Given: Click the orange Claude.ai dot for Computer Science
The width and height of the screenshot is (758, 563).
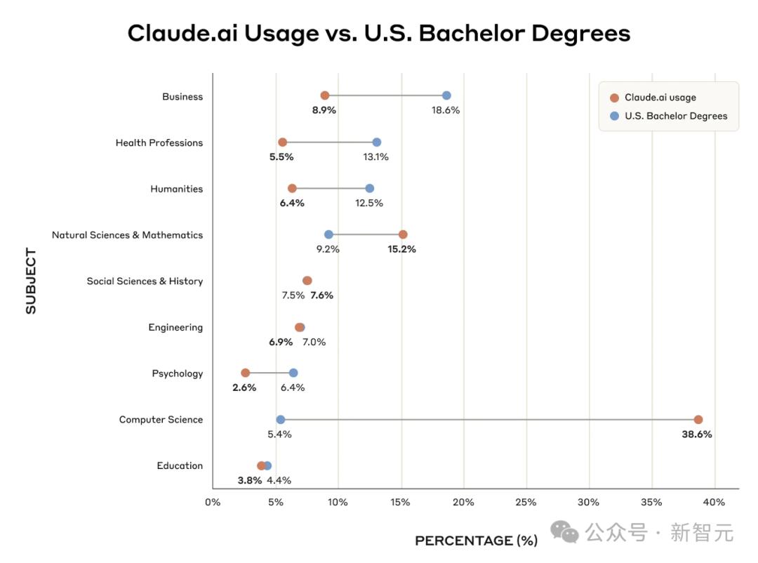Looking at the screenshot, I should pyautogui.click(x=698, y=420).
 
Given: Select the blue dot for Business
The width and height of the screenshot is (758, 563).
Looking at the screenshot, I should pyautogui.click(x=446, y=95).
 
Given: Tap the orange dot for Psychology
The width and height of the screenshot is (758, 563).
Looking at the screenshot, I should pyautogui.click(x=245, y=373).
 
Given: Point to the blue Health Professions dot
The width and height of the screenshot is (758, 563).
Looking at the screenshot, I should pyautogui.click(x=377, y=142).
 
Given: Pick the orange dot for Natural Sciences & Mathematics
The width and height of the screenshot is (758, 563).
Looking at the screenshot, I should pyautogui.click(x=403, y=234).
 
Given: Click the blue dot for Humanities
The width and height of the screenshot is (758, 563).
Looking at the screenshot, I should pyautogui.click(x=370, y=188).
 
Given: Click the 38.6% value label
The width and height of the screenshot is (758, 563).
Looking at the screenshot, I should pyautogui.click(x=696, y=435).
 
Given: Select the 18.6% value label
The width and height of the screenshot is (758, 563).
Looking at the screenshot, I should pyautogui.click(x=446, y=110).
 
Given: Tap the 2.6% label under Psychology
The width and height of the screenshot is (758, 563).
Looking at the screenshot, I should pyautogui.click(x=244, y=388).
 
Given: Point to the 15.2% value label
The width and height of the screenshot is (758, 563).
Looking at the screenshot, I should pyautogui.click(x=401, y=249).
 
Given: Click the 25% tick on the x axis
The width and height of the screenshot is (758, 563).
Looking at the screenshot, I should pyautogui.click(x=526, y=502).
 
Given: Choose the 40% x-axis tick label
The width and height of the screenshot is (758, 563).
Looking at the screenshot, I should pyautogui.click(x=714, y=502).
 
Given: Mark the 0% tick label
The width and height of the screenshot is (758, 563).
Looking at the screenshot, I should pyautogui.click(x=213, y=502).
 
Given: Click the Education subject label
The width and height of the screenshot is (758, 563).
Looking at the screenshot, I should pyautogui.click(x=180, y=465).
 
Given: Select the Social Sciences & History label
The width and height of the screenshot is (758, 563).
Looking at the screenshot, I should pyautogui.click(x=145, y=281).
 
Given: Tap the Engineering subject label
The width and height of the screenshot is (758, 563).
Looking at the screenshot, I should pyautogui.click(x=175, y=327).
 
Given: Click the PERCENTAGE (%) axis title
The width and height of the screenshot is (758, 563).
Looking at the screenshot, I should pyautogui.click(x=476, y=541).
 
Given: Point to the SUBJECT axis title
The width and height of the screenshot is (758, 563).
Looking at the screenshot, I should pyautogui.click(x=31, y=281).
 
